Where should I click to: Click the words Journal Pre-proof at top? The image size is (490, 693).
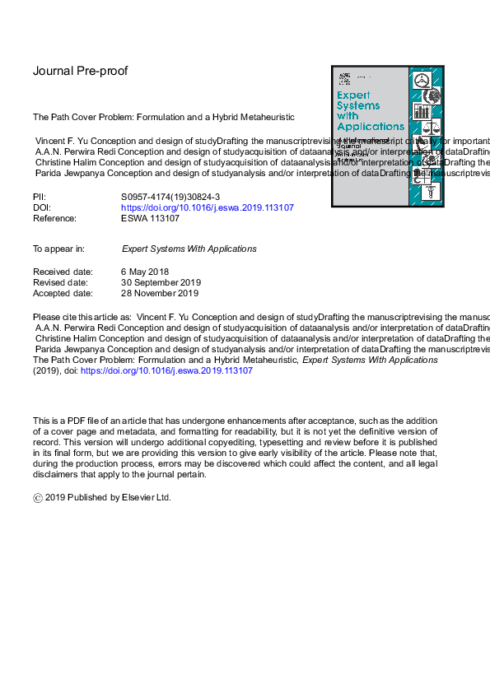pos(80,71)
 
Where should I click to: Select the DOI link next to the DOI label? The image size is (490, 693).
pos(207,207)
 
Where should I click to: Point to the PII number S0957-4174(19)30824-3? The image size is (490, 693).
pos(169,197)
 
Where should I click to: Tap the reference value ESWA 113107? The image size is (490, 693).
pos(150,218)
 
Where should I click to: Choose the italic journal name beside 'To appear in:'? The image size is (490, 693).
pos(189,249)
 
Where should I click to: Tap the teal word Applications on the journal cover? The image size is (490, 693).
pos(371,127)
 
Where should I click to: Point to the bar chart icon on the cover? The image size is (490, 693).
pos(423,110)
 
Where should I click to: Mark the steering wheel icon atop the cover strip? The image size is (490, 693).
pos(422,81)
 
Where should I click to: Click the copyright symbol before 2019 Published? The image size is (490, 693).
pos(37,498)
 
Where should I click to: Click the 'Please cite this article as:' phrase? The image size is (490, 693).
pos(82,317)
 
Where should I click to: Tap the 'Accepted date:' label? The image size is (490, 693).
pos(63,293)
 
